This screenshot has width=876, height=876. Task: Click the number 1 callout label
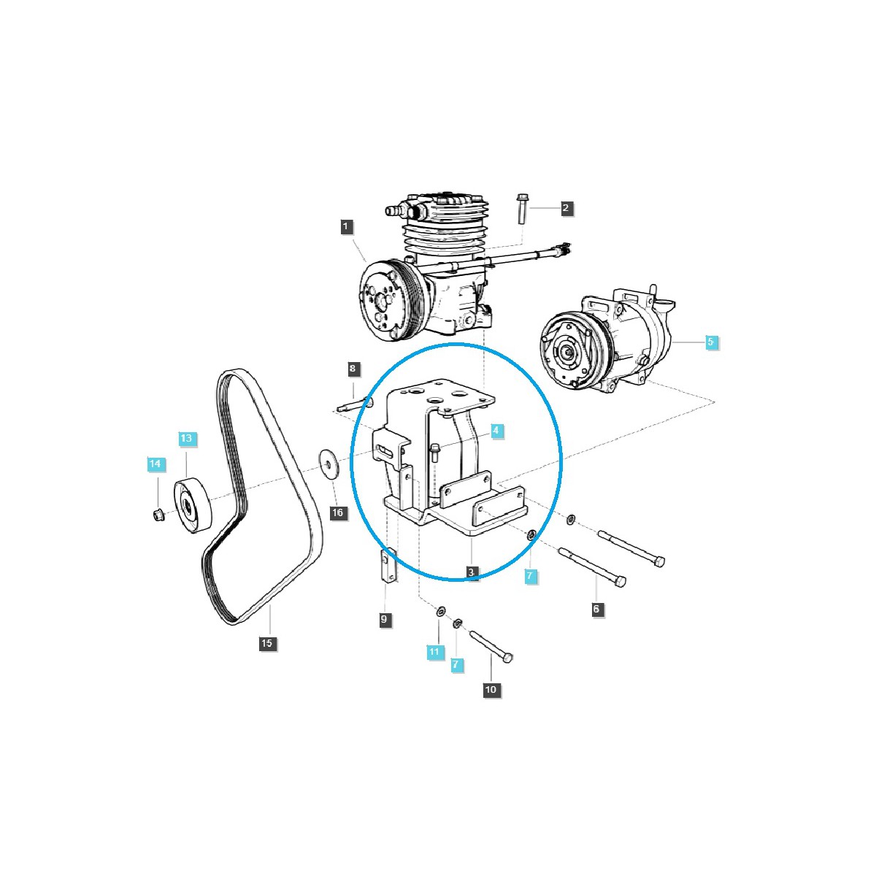pyautogui.click(x=347, y=226)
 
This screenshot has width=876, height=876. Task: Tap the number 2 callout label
pyautogui.click(x=566, y=208)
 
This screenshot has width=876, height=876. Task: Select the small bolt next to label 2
pyautogui.click(x=523, y=210)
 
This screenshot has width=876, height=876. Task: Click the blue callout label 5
pyautogui.click(x=712, y=342)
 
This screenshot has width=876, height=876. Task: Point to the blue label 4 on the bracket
pyautogui.click(x=496, y=431)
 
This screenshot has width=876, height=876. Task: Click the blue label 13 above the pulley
pyautogui.click(x=187, y=438)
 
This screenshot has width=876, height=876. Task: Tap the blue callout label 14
pyautogui.click(x=155, y=464)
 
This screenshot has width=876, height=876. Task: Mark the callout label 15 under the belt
pyautogui.click(x=266, y=643)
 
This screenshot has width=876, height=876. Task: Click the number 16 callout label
pyautogui.click(x=337, y=512)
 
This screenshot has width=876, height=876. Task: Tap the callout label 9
pyautogui.click(x=385, y=620)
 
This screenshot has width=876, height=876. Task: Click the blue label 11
pyautogui.click(x=435, y=650)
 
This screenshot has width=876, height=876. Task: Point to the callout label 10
pyautogui.click(x=491, y=689)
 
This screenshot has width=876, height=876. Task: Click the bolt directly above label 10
pyautogui.click(x=492, y=646)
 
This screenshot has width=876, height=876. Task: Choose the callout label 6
pyautogui.click(x=598, y=609)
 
